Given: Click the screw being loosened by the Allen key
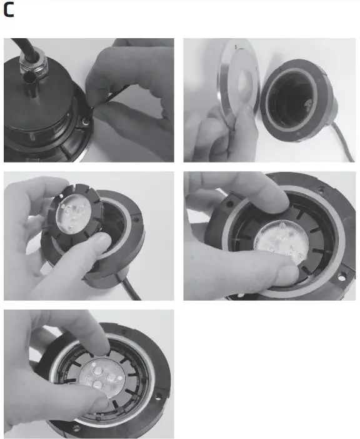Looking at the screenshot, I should click(x=84, y=117).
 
